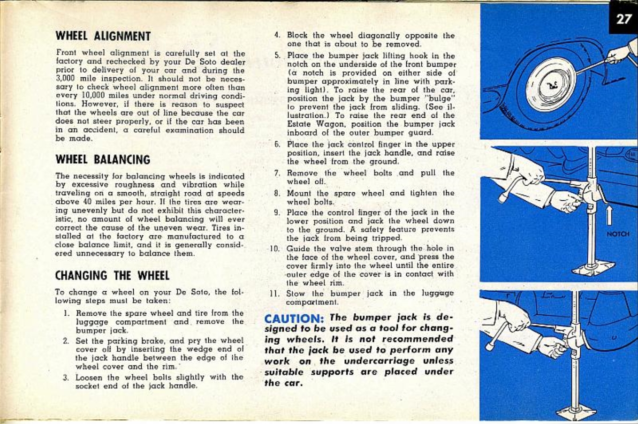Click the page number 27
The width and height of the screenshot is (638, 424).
(x=623, y=19)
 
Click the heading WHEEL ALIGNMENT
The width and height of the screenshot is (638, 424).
(x=103, y=36)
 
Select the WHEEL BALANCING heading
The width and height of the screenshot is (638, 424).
(x=103, y=159)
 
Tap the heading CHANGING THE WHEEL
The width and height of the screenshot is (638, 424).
(x=112, y=275)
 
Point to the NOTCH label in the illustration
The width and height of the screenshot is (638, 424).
(x=617, y=234)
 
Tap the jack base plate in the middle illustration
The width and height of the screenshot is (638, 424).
(x=593, y=269)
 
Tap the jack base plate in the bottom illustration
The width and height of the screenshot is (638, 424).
(x=576, y=413)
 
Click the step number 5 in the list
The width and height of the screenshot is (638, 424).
(x=277, y=56)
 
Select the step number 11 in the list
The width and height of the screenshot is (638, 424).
(x=275, y=294)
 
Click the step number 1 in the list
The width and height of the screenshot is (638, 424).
(x=67, y=313)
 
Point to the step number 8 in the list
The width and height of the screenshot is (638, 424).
(x=277, y=193)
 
